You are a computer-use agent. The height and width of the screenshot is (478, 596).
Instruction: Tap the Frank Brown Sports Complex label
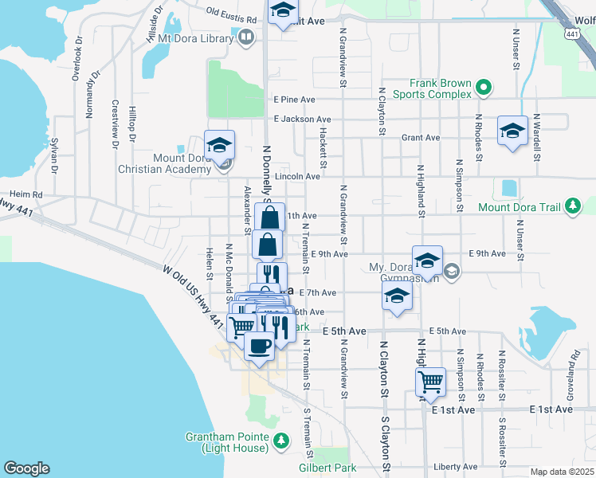pyautogui.click(x=441, y=88)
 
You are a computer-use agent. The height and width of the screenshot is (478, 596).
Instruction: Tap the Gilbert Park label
pyautogui.click(x=327, y=468)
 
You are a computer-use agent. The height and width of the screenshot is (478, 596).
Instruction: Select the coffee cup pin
pyautogui.click(x=259, y=347)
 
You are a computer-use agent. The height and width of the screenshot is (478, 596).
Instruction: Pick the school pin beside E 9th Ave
pyautogui.click(x=427, y=259)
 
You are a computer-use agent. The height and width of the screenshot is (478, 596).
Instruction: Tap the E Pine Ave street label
pyautogui.click(x=294, y=100)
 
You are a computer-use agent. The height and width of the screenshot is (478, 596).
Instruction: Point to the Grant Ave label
pyautogui.click(x=421, y=138)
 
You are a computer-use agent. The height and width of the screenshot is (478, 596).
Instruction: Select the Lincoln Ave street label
pyautogui.click(x=296, y=176)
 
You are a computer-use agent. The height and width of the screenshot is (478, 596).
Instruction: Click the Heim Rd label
pyautogui.click(x=25, y=194)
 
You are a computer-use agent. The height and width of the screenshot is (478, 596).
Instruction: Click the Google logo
pyautogui.click(x=26, y=468)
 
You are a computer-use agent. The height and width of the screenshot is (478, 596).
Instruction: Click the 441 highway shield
pyautogui.click(x=572, y=33)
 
